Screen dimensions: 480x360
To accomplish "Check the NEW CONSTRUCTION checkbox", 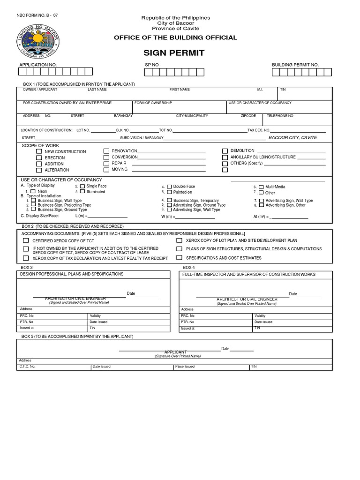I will [39, 152].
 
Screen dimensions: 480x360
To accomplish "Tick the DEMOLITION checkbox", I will [225, 151].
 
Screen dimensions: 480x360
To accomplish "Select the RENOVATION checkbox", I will [106, 151].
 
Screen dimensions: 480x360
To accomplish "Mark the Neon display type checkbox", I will [33, 191].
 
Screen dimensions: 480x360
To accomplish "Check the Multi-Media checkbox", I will [261, 187].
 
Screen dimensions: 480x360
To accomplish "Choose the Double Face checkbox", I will [169, 187].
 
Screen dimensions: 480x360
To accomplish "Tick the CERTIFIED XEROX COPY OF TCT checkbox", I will [26, 240].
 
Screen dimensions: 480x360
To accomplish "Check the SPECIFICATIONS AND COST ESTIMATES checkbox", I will [179, 258].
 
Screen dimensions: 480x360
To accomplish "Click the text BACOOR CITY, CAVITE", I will [292, 138].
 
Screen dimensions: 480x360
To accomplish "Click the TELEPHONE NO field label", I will [280, 115].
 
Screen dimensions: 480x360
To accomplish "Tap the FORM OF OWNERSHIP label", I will [153, 103].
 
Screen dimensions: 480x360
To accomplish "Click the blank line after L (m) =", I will [107, 217].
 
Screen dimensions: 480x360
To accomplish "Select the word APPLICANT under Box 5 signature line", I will [175, 352].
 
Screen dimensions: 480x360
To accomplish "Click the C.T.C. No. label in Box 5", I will [27, 367].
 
